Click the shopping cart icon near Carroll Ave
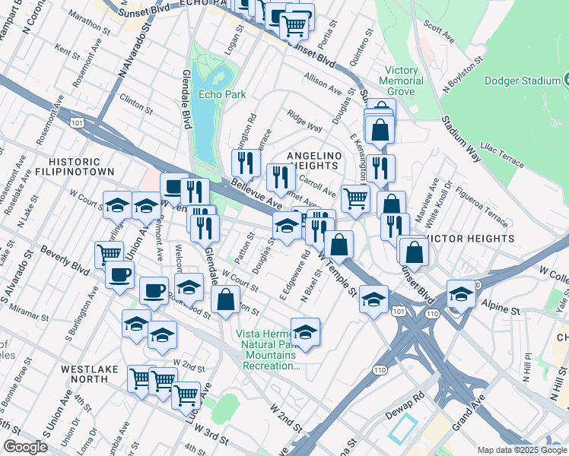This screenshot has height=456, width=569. coord(355,198)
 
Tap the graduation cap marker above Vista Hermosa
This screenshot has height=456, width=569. coord(305,331)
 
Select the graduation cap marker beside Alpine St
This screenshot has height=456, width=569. coord(461,293)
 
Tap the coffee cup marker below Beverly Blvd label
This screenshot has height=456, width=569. coord(119,274)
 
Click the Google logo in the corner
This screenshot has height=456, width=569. coord(25,447)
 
